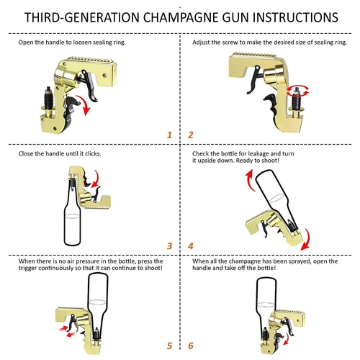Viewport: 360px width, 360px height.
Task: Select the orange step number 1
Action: (x=169, y=135)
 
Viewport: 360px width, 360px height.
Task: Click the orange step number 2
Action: (x=191, y=135)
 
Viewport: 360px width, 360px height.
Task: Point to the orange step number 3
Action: (x=169, y=246)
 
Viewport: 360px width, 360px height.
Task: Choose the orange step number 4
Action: (x=191, y=246)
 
